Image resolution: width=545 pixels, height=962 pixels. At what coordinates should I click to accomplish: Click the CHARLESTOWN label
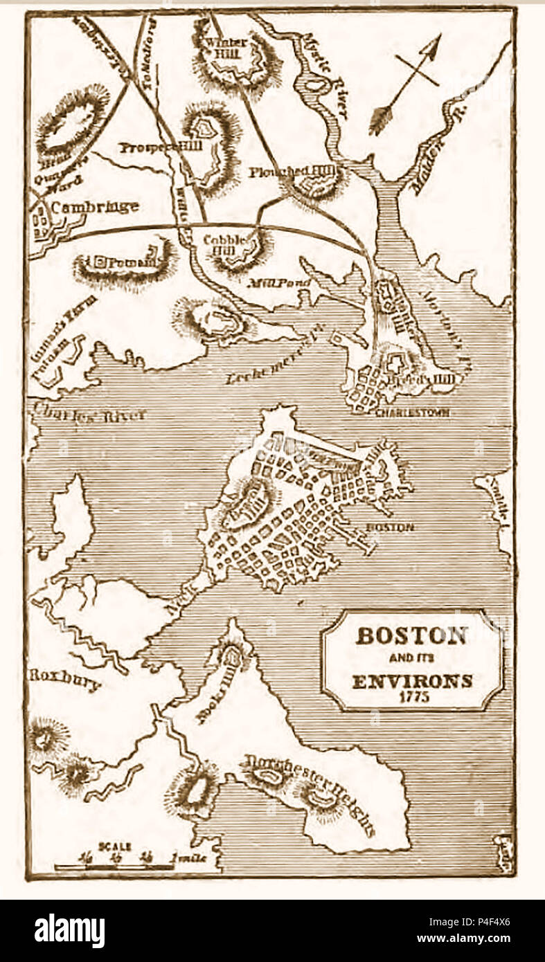point(412,412)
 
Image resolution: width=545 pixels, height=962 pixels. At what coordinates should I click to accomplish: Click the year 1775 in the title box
point(412,697)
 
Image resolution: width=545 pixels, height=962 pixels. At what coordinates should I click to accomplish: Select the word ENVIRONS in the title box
point(412,680)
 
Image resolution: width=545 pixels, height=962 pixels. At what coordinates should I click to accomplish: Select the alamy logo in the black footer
point(69,931)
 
